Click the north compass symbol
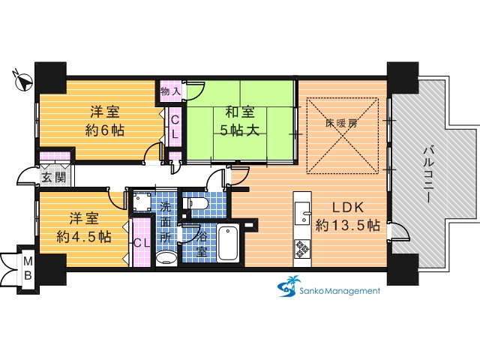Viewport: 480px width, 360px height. tap(22, 81)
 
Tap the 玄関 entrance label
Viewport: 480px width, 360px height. tap(53, 178)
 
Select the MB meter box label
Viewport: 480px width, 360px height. tap(28, 268)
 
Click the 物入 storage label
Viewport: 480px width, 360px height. tap(171, 91)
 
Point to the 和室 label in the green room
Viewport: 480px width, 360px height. tap(240, 112)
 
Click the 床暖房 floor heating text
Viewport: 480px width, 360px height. tap(341, 123)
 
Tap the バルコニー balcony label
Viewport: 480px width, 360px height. tap(428, 175)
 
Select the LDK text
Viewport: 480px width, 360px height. tap(348, 208)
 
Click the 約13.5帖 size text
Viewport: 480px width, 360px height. tap(348, 226)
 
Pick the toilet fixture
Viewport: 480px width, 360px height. tap(195, 203)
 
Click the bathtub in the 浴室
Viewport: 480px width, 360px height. tap(228, 243)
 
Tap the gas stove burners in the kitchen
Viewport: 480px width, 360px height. tap(302, 249)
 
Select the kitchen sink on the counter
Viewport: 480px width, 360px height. tap(302, 213)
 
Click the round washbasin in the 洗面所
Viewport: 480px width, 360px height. tap(166, 258)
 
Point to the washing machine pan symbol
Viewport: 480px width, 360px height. tap(142, 202)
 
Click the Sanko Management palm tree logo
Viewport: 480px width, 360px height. tap(288, 286)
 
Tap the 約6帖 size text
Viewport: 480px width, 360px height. tap(105, 130)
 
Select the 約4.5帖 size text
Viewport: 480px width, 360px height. tap(84, 237)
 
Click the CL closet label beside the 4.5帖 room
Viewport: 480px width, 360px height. tap(142, 243)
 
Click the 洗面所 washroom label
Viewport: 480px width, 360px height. tap(166, 223)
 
